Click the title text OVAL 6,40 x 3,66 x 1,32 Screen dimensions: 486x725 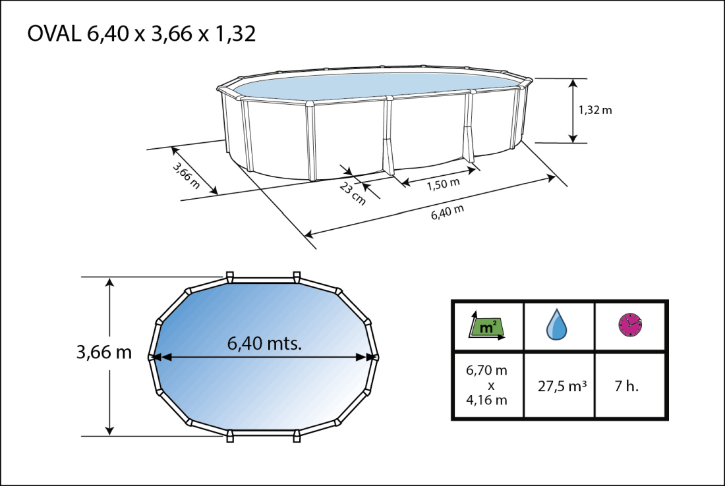[142, 34]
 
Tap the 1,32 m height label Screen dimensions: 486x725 [595, 110]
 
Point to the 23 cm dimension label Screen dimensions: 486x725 [353, 194]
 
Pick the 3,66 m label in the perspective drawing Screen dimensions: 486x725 [186, 175]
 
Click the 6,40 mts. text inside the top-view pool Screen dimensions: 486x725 [264, 343]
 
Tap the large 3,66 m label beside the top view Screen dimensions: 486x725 [103, 352]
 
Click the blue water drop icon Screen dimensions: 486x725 [558, 325]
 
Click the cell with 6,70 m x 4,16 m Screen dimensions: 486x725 [486, 385]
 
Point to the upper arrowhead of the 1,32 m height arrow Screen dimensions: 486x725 [573, 83]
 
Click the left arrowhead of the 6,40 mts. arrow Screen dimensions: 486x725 [158, 357]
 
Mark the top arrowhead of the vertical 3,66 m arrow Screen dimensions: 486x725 [110, 282]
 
